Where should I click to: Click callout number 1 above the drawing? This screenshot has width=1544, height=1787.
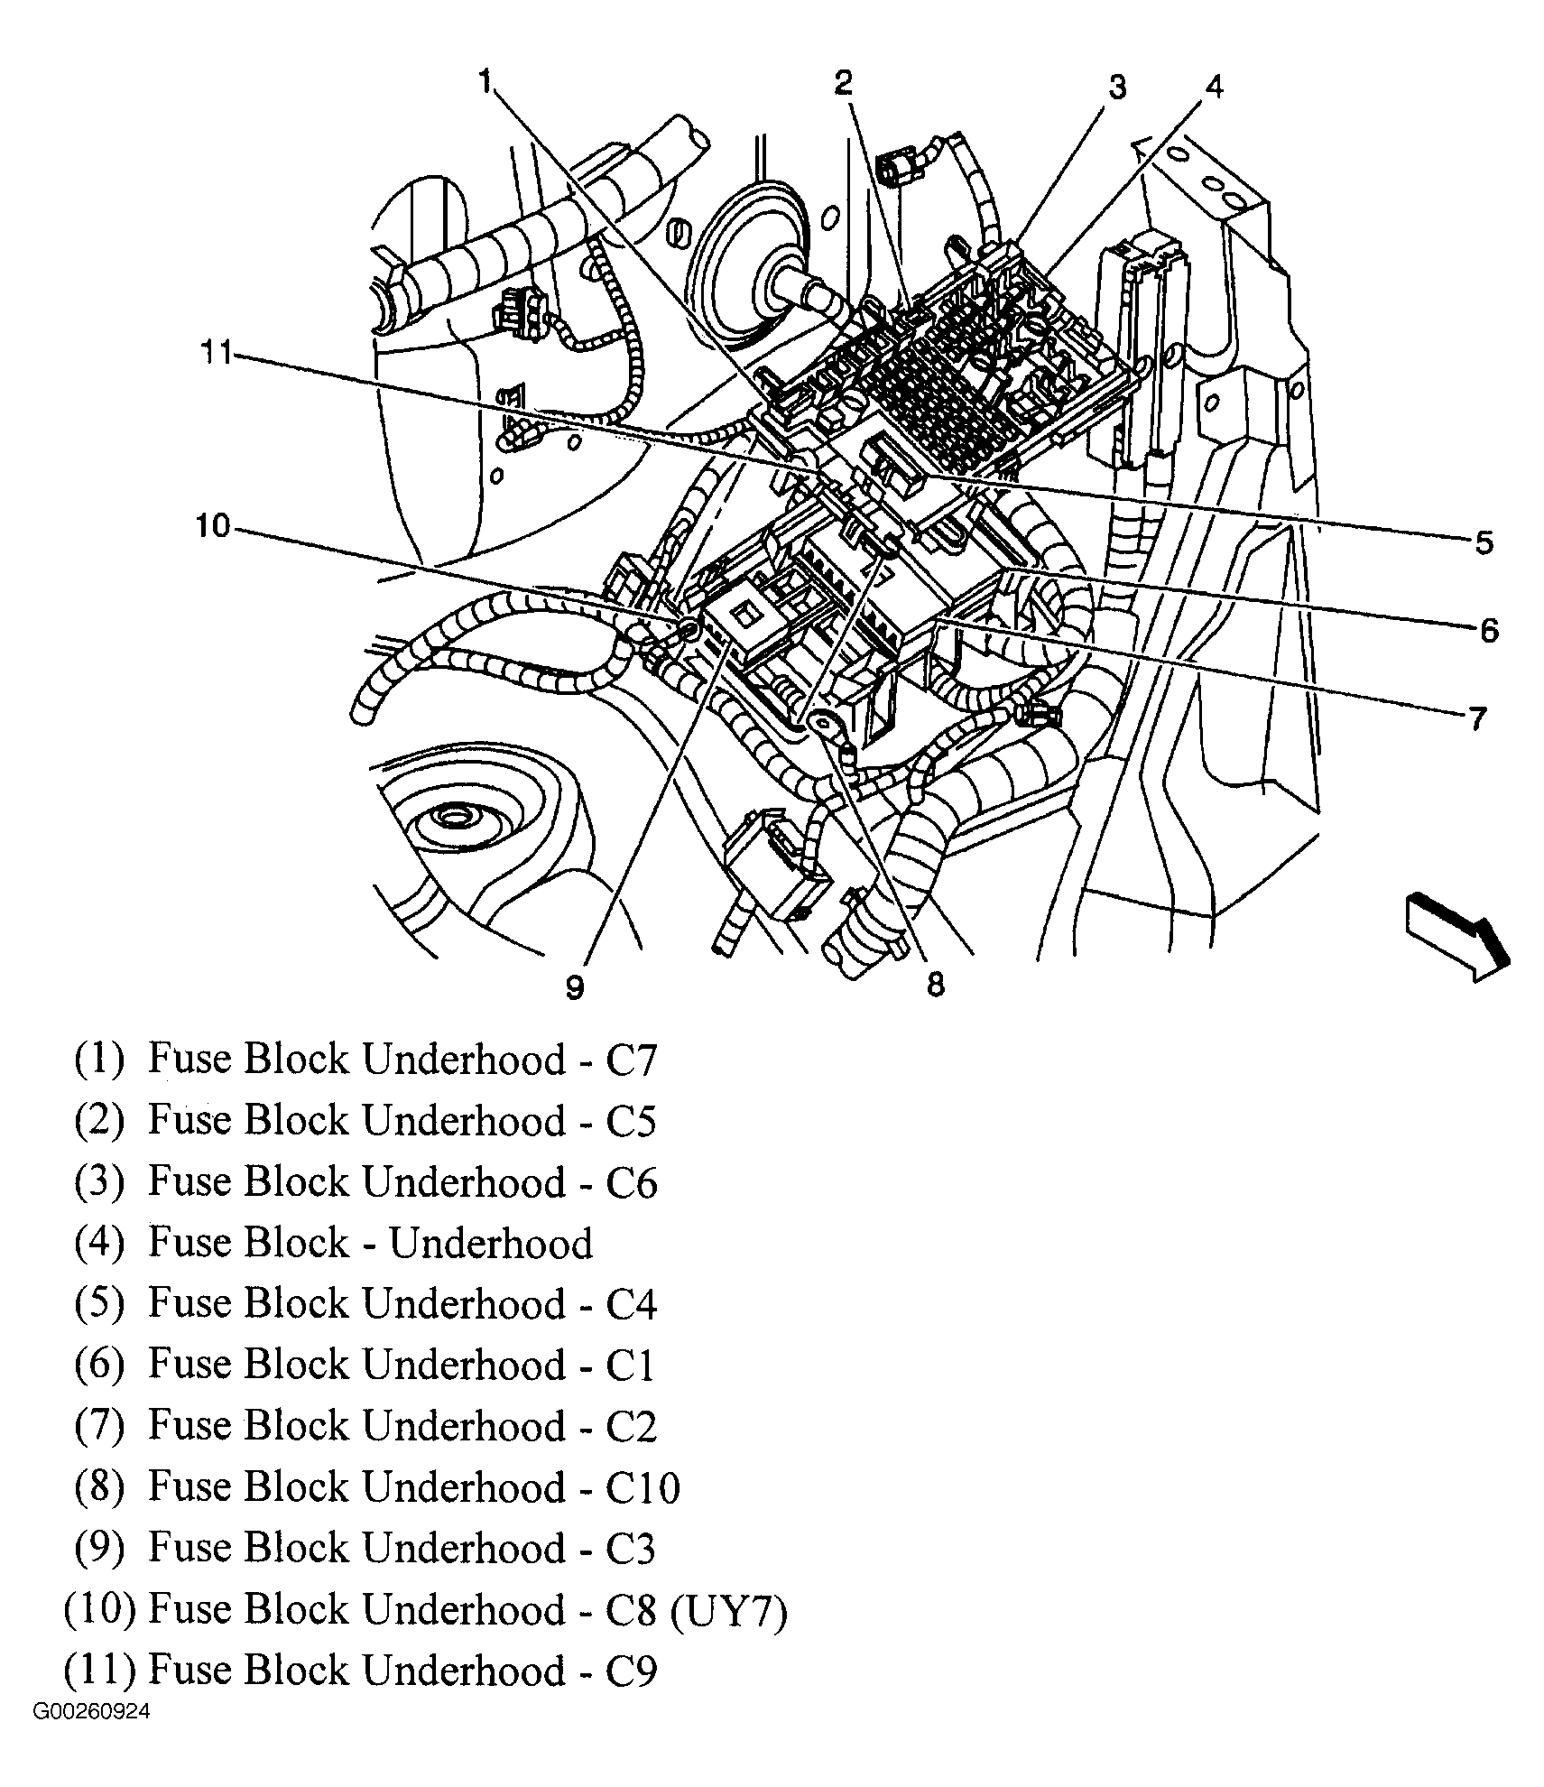click(x=485, y=83)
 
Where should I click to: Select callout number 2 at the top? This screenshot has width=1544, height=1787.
click(x=843, y=83)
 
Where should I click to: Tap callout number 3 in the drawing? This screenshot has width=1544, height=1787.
click(x=1117, y=88)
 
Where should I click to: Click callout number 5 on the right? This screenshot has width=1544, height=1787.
click(x=1484, y=542)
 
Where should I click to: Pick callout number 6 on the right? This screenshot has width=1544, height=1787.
click(x=1488, y=629)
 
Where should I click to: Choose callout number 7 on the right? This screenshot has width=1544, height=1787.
click(x=1477, y=718)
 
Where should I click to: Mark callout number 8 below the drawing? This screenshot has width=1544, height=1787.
click(x=936, y=984)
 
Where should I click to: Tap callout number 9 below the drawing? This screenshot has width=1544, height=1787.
click(x=575, y=987)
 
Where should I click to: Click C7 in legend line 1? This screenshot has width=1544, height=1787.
click(x=630, y=1060)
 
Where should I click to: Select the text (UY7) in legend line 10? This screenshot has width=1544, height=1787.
click(x=729, y=1610)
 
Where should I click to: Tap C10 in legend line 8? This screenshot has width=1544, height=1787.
click(x=642, y=1487)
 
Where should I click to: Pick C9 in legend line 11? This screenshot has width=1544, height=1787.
click(x=631, y=1671)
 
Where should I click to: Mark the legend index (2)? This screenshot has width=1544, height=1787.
click(x=98, y=1120)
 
